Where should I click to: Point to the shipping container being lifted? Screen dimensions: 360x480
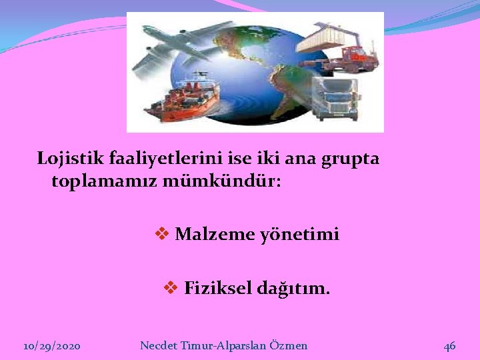coord(327,37)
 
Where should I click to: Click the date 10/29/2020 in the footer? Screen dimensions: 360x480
coord(52,346)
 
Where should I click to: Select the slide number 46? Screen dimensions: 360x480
coord(450,345)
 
